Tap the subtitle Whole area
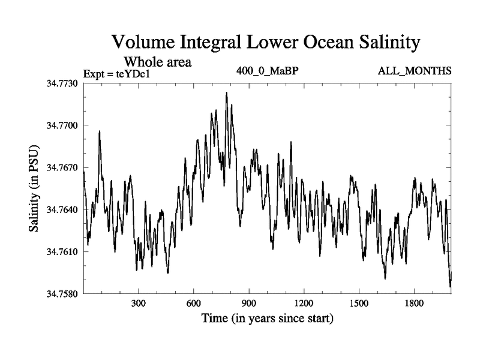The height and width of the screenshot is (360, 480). click(x=157, y=62)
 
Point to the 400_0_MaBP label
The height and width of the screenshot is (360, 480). click(x=268, y=71)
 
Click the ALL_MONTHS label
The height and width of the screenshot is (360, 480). click(x=415, y=71)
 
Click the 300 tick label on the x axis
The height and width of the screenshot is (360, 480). click(x=139, y=304)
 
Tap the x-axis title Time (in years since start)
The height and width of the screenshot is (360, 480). click(x=267, y=318)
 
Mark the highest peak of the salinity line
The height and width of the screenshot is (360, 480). click(x=226, y=93)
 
